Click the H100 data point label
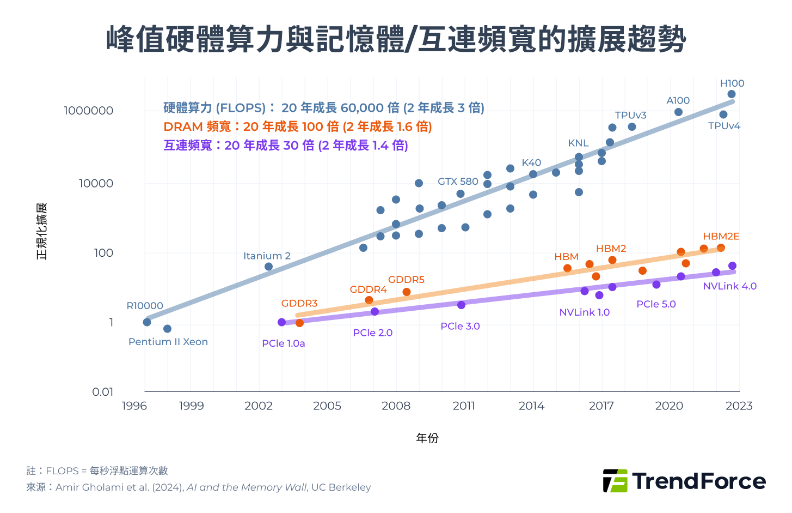(732, 83)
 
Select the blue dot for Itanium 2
(268, 267)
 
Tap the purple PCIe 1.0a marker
(281, 322)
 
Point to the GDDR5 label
(406, 280)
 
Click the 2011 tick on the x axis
(464, 406)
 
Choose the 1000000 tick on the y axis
(88, 111)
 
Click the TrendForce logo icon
(615, 481)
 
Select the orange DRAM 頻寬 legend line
(298, 126)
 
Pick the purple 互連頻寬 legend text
(286, 145)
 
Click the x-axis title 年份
(427, 438)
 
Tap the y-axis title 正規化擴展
(42, 231)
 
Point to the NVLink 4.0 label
(729, 286)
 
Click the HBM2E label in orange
(721, 236)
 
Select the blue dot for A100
(678, 112)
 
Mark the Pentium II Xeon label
(168, 342)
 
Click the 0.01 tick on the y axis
(102, 391)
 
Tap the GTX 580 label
(458, 182)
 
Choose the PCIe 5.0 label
(656, 304)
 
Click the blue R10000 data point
(147, 322)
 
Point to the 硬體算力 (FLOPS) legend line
(324, 108)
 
